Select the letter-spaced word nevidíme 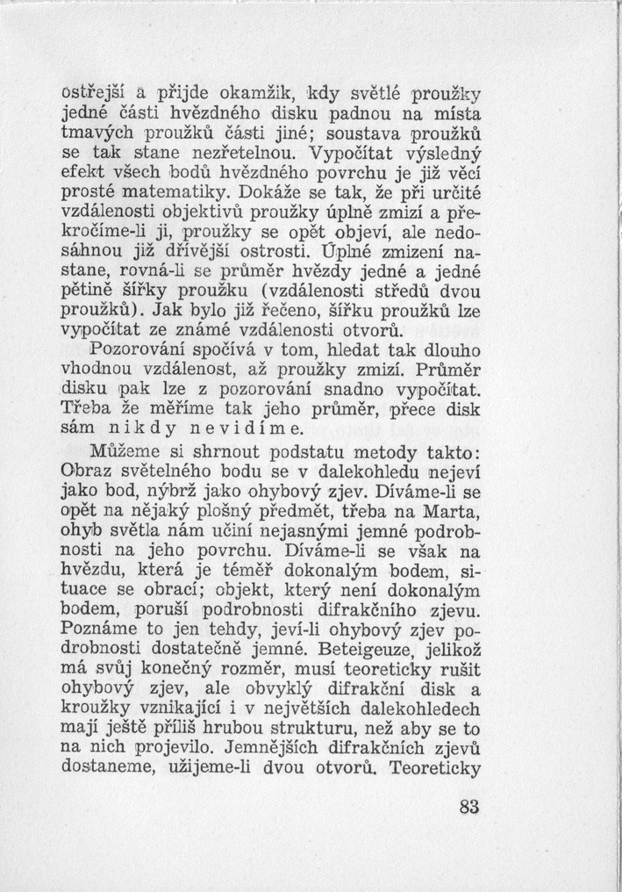pyautogui.click(x=247, y=429)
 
